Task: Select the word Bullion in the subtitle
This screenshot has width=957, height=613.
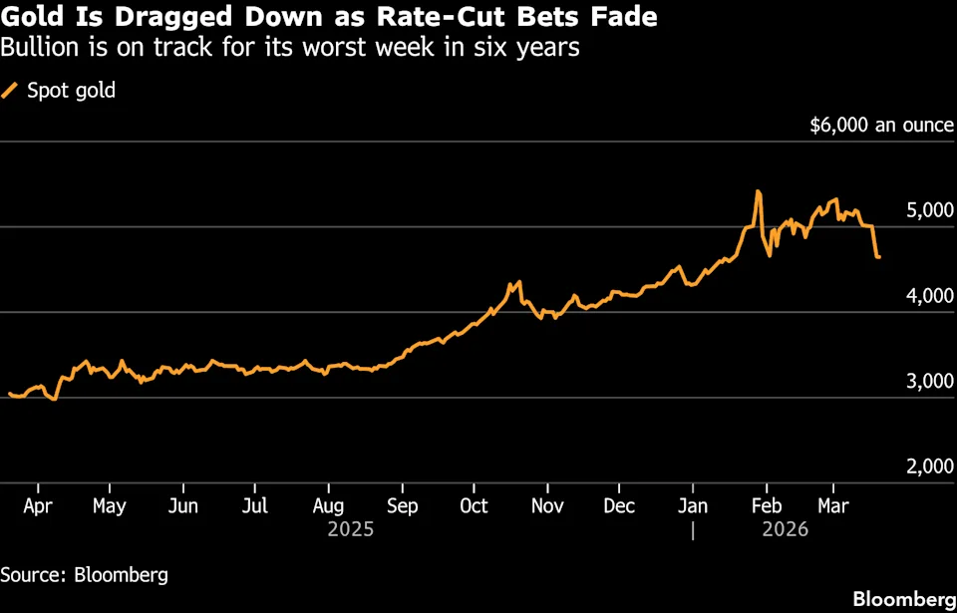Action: (x=37, y=47)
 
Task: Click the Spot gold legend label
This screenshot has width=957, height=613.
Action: (x=71, y=91)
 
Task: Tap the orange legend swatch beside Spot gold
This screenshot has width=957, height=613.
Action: (x=10, y=91)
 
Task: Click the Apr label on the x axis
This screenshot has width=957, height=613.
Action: (x=37, y=506)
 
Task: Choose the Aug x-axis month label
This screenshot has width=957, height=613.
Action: (x=329, y=506)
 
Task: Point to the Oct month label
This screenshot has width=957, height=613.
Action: (x=475, y=506)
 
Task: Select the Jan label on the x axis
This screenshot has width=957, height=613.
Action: (x=693, y=506)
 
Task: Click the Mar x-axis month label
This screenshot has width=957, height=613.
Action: (x=833, y=506)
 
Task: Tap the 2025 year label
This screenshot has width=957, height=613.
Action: (x=351, y=530)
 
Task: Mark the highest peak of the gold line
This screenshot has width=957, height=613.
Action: (x=758, y=191)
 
